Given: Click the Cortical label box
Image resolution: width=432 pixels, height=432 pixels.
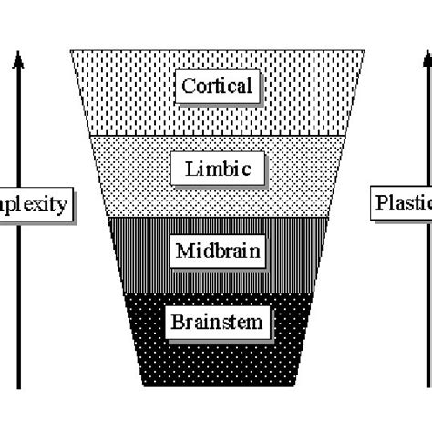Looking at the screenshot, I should click(217, 87).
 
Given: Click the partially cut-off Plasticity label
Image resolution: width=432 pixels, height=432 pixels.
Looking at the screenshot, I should click(402, 201).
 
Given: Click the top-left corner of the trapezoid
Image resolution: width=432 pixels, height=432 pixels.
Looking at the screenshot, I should click(70, 50).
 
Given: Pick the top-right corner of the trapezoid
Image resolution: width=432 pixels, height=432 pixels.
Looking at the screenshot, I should click(366, 50).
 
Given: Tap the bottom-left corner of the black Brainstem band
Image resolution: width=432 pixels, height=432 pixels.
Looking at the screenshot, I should click(143, 386).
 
